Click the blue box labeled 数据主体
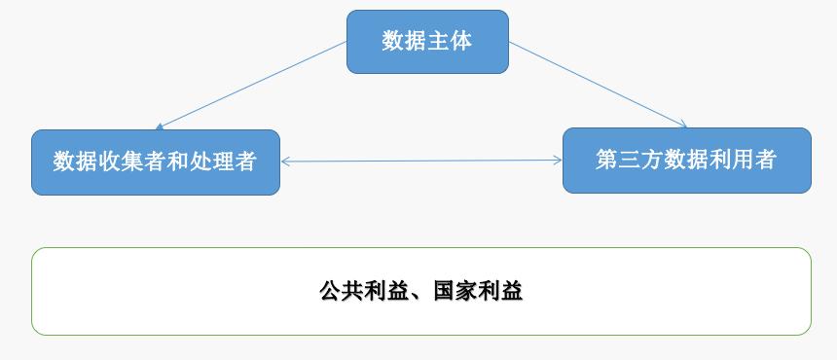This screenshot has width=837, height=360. pyautogui.click(x=427, y=42)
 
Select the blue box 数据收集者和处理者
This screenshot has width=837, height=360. pyautogui.click(x=155, y=162)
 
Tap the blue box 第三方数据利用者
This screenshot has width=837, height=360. pyautogui.click(x=686, y=160)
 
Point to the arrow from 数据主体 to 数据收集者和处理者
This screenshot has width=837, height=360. pyautogui.click(x=251, y=85)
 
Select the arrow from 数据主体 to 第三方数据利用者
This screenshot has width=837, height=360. pyautogui.click(x=598, y=84)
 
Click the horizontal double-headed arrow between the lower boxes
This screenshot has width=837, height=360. pyautogui.click(x=421, y=162)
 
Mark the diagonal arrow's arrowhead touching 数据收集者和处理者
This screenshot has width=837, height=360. pyautogui.click(x=160, y=126)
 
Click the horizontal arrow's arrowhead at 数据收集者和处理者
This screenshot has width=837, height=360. pyautogui.click(x=285, y=162)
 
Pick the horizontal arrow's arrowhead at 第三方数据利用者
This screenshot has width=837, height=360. pyautogui.click(x=558, y=161)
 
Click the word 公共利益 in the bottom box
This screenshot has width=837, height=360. pyautogui.click(x=357, y=291)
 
